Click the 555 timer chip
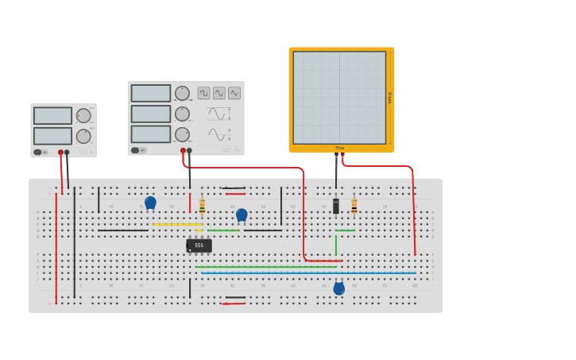199,246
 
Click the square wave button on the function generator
204,93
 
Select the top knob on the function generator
182,93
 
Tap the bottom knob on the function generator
182,134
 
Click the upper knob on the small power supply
83,115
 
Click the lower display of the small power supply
52,136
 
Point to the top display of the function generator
151,93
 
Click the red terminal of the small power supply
60,153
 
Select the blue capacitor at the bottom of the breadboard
339,288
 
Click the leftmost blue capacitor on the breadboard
150,203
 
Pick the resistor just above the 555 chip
202,205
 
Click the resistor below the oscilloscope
354,205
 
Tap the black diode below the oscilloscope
336,206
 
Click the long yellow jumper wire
177,224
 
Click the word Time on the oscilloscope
340,148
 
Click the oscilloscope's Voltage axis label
390,97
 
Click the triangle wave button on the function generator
234,93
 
